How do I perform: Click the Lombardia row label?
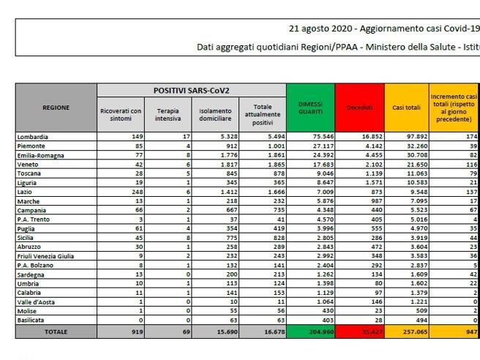point(34,136)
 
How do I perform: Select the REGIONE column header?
point(56,108)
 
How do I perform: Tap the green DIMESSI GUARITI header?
point(310,108)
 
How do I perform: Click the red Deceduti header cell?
point(360,108)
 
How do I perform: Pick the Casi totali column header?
point(407,108)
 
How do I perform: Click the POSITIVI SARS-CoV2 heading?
point(192,89)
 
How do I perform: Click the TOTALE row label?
point(56,331)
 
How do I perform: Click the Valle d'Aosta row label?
point(37,301)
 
